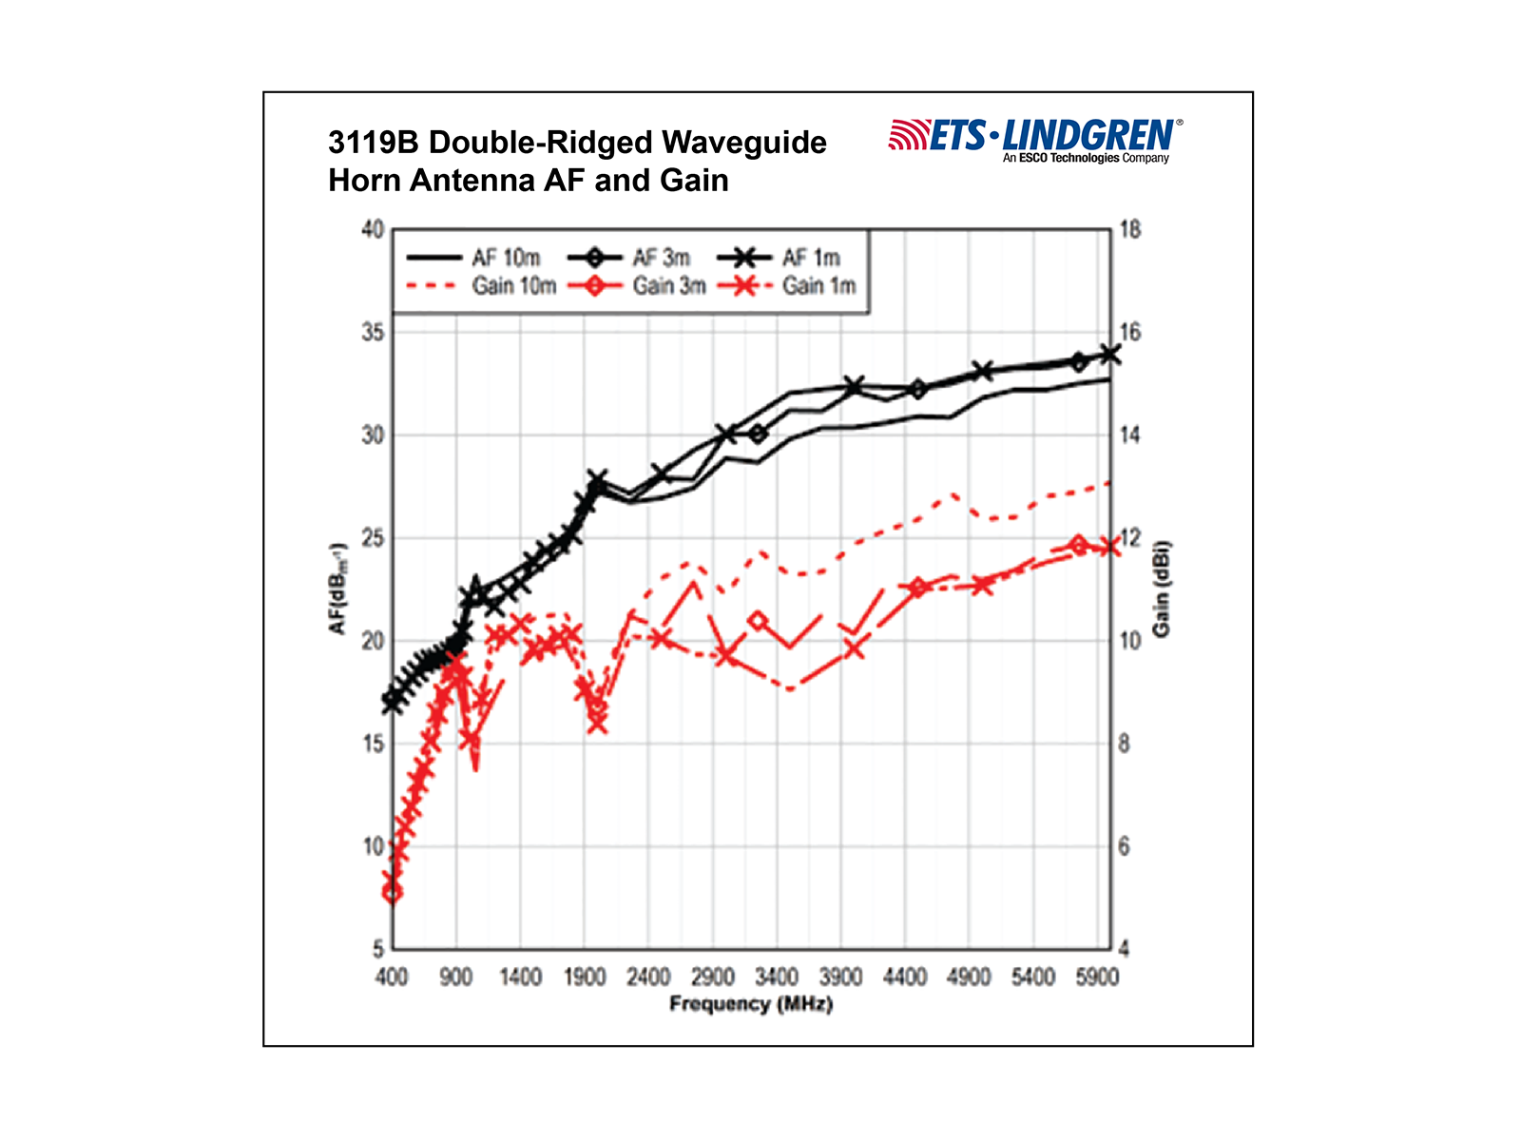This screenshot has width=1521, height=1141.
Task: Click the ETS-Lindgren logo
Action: click(1035, 139)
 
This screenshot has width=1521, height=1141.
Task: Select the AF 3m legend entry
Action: click(630, 258)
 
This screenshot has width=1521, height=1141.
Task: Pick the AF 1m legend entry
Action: click(780, 258)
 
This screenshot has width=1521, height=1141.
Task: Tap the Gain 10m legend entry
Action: click(481, 285)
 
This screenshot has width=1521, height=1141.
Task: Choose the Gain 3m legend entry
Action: click(638, 285)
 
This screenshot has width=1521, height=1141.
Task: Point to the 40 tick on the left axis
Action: click(373, 230)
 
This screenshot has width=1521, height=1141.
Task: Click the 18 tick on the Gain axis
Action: click(1129, 230)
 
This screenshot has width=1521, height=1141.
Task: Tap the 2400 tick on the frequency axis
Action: click(648, 977)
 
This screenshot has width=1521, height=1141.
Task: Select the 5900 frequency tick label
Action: click(1097, 977)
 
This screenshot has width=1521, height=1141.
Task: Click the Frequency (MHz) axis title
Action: click(751, 1004)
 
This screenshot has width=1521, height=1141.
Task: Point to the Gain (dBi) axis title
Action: click(1161, 590)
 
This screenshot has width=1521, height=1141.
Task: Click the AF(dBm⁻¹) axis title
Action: click(337, 590)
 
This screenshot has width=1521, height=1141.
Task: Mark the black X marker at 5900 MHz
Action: click(1109, 354)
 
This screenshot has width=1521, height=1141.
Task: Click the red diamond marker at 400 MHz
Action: click(392, 892)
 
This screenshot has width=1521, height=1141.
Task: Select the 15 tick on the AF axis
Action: click(373, 744)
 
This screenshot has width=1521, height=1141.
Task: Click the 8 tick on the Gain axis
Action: click(1124, 744)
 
